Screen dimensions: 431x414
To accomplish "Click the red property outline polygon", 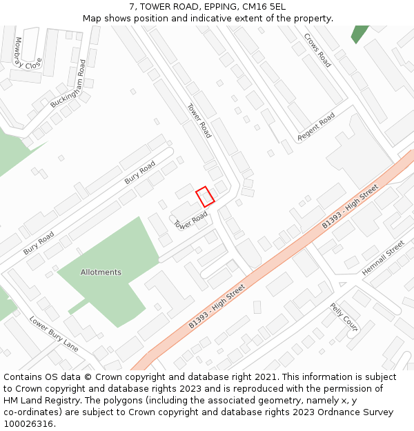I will (205, 197).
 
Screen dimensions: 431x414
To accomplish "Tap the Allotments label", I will (101, 272).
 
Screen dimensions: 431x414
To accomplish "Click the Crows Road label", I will (318, 50).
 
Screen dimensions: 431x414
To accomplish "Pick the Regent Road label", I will (316, 127).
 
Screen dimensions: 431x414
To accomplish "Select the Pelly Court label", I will (344, 317).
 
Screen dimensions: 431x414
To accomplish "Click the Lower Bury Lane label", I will (54, 332).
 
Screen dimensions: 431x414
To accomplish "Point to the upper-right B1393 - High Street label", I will (351, 206).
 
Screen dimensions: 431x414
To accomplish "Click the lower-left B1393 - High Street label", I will (217, 305).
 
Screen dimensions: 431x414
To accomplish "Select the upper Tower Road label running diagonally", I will (199, 121).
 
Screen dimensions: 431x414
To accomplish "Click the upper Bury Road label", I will (140, 172).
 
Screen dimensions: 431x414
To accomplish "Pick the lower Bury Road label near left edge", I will (39, 243).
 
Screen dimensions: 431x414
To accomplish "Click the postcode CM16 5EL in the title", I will (262, 6).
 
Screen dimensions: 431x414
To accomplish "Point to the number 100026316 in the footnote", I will (29, 423).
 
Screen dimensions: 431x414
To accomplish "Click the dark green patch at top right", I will (359, 34).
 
